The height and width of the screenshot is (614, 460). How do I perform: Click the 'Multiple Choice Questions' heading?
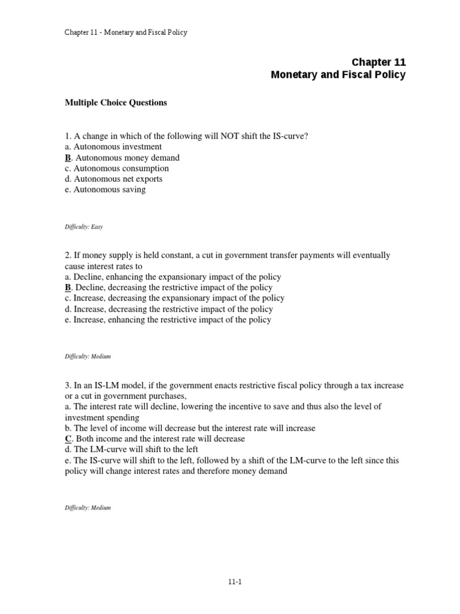click(116, 103)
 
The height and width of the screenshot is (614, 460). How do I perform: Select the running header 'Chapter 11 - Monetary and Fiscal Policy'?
click(126, 32)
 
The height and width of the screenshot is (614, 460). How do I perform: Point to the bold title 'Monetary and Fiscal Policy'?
click(338, 75)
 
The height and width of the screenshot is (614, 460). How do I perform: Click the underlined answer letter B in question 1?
click(68, 158)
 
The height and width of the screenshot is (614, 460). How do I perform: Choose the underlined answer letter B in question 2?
click(68, 288)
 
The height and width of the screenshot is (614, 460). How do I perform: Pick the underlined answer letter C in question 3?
click(68, 439)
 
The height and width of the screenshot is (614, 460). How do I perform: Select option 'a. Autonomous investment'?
click(113, 147)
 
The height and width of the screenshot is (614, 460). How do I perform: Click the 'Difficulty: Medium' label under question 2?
click(87, 357)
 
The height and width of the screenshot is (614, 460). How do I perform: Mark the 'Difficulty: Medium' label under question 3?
click(87, 508)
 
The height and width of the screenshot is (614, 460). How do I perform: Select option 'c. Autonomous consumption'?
click(117, 168)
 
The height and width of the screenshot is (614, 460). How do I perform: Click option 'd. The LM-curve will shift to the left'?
click(131, 450)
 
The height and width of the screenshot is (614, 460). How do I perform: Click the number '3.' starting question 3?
click(68, 385)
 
